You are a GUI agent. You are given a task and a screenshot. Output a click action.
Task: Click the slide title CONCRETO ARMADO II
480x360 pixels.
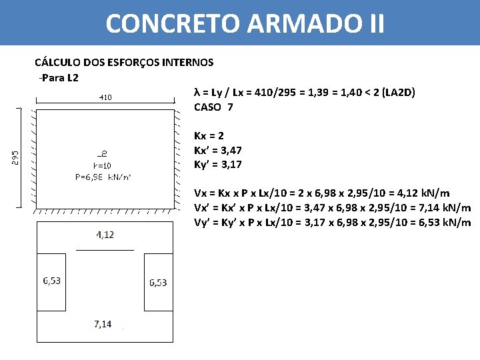245,23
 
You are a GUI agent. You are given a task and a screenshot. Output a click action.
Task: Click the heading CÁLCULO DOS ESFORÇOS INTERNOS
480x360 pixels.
124,62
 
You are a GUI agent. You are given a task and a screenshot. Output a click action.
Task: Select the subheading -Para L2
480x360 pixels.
59,78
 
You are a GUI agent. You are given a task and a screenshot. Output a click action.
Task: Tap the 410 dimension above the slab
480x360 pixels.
105,97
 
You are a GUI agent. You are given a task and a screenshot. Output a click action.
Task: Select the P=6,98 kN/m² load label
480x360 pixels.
103,177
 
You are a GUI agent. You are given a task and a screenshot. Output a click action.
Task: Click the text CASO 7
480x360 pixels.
213,107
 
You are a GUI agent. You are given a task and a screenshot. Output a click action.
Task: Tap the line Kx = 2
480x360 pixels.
208,135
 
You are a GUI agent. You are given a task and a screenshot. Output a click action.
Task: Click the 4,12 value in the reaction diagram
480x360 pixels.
105,235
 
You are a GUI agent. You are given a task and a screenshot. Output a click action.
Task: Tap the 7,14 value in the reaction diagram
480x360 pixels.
103,324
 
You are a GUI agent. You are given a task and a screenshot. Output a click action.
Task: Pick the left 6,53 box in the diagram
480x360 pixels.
51,281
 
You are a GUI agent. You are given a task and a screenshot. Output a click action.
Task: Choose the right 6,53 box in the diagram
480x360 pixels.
158,283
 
